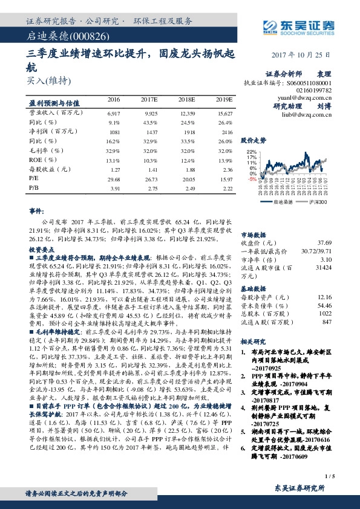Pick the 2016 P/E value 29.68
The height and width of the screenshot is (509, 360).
(x=114, y=180)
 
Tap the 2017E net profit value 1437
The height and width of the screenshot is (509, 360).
(x=150, y=132)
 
